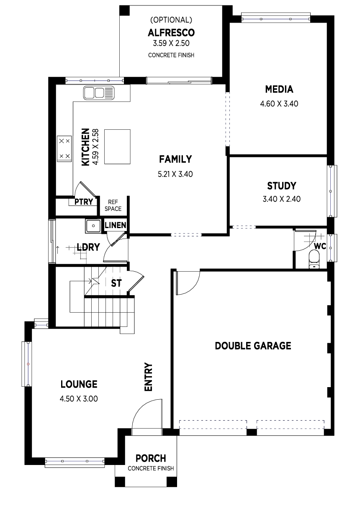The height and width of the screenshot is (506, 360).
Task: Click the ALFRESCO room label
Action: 171,33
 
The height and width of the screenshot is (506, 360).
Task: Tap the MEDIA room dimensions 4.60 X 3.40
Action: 279,104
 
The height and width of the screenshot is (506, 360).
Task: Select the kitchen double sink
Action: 99,93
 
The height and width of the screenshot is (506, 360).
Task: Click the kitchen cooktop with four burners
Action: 64,149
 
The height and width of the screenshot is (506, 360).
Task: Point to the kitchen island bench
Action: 117,146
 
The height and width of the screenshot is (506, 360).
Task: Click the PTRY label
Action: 84,201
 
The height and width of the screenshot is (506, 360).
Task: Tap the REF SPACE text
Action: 113,205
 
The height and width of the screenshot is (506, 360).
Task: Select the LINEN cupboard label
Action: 115,225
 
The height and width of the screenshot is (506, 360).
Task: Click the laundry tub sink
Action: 93,226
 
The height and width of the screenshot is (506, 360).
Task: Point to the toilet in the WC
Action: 314,259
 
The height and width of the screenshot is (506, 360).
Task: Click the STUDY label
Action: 282,186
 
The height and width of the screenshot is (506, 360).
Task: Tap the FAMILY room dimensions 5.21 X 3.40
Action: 175,174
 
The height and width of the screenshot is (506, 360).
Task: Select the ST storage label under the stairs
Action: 116,283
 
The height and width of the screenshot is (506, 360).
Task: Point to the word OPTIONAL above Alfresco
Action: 171,20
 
